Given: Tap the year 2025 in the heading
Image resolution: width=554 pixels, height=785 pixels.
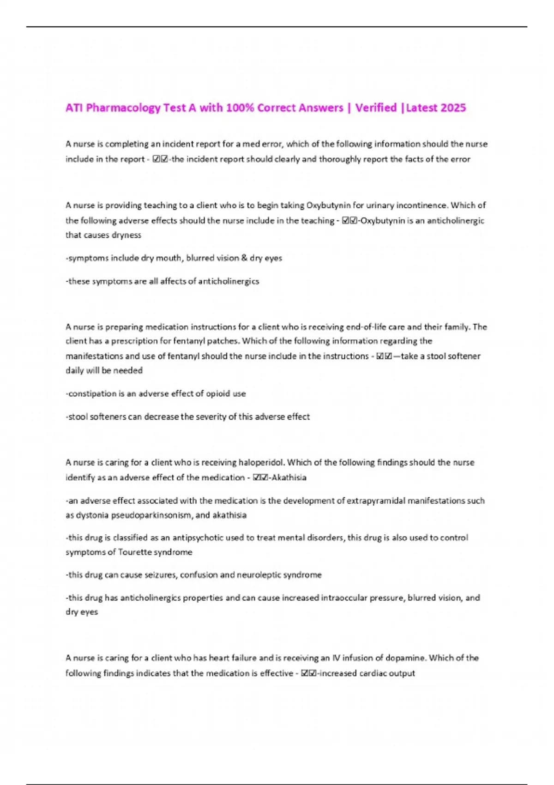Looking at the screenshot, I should coord(453,108).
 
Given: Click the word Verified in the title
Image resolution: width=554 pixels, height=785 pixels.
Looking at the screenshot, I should coord(376,108).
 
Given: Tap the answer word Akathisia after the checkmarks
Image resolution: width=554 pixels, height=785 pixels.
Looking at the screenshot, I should coord(289,477).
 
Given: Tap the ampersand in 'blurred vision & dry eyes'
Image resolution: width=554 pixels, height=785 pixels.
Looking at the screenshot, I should coord(244,258).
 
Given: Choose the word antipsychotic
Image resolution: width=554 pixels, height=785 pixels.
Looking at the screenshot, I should coord(203,537).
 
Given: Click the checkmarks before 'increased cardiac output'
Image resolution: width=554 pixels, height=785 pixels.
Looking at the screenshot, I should coord(308,673).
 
